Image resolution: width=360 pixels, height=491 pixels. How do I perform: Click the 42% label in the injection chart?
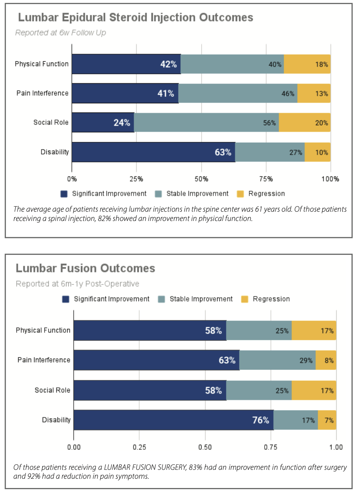tap(168, 64)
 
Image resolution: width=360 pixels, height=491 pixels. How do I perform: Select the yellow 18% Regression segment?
tap(307, 64)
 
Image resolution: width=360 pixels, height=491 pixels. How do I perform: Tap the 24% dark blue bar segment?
tap(103, 123)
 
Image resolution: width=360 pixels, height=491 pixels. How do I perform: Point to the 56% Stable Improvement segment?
tap(206, 123)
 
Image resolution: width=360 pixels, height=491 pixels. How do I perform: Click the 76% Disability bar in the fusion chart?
tap(173, 420)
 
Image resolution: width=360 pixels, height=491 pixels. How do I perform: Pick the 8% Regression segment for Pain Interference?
tap(326, 360)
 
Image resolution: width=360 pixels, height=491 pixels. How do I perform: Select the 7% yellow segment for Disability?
tap(327, 420)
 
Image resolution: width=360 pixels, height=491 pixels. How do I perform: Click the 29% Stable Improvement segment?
tap(277, 360)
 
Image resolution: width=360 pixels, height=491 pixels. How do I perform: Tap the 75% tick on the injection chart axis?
tap(266, 179)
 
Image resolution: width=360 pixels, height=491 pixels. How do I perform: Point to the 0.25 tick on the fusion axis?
tap(139, 447)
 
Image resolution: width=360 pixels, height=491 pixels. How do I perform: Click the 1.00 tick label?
tap(336, 447)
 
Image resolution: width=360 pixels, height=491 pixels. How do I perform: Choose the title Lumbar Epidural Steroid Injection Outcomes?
tap(135, 17)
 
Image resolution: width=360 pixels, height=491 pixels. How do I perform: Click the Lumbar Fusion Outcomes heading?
tap(85, 268)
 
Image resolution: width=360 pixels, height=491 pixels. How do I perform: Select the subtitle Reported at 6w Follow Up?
tap(60, 33)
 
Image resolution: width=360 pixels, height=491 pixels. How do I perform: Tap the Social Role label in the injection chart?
tap(51, 123)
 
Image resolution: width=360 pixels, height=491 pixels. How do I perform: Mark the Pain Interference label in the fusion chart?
tap(44, 360)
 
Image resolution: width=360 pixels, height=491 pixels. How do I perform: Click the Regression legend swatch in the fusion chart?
tap(245, 299)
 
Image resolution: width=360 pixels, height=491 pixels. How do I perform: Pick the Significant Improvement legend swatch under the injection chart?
tap(64, 194)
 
